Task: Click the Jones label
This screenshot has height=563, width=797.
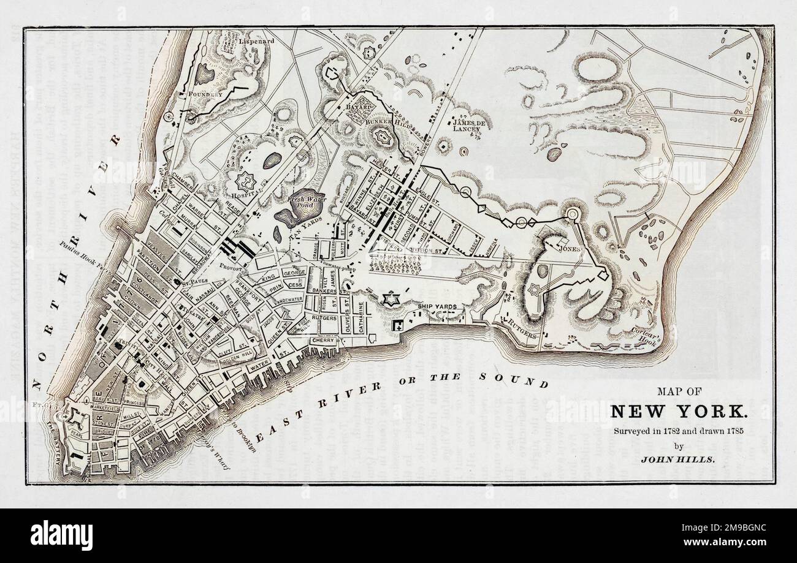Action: tap(567, 249)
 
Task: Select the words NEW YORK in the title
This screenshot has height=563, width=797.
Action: tap(679, 411)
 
